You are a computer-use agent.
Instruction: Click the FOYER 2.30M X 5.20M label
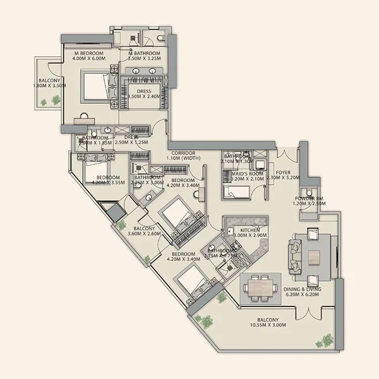pyautogui.click(x=282, y=173)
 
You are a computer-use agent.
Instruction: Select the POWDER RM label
pyautogui.click(x=310, y=200)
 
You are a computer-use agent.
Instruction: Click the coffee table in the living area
pyautogui.click(x=314, y=255)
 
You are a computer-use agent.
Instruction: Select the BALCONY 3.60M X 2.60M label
pyautogui.click(x=145, y=231)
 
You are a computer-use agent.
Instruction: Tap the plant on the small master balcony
pyautogui.click(x=56, y=100)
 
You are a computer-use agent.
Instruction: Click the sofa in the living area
pyautogui.click(x=295, y=255)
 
